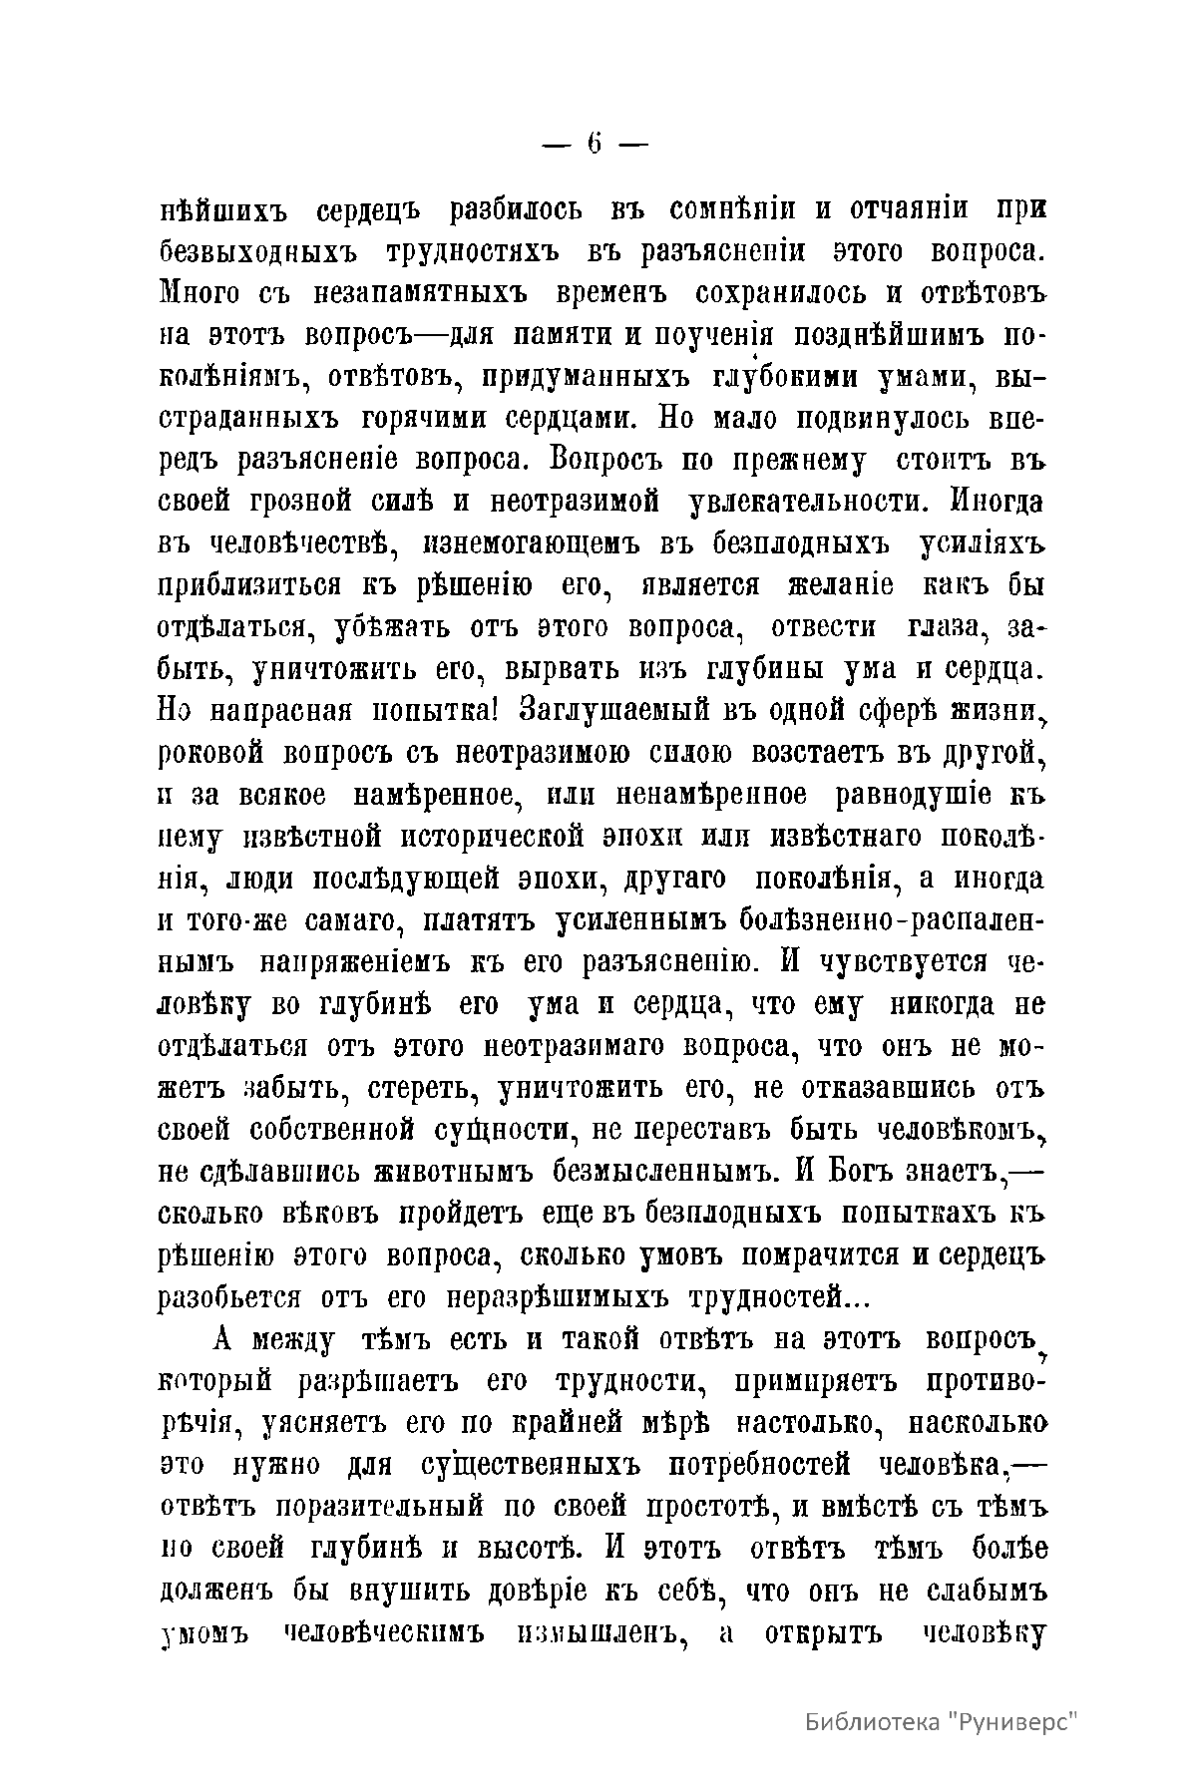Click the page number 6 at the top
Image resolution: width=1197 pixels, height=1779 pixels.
[x=595, y=144]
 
